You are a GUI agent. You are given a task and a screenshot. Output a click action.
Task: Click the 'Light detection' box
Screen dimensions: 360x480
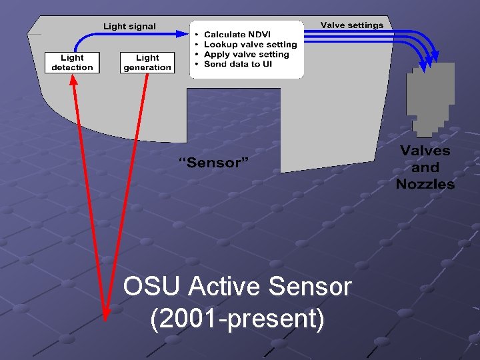[72, 63]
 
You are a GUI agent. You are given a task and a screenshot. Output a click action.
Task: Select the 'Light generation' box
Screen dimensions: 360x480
[147, 63]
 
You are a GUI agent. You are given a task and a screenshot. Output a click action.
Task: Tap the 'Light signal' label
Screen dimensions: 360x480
[129, 27]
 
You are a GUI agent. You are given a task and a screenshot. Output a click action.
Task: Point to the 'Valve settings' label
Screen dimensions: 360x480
[351, 25]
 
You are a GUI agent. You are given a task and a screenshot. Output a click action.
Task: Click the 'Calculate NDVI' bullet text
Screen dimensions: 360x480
[237, 35]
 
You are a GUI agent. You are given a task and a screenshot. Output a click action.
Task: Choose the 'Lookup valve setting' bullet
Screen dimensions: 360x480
[250, 45]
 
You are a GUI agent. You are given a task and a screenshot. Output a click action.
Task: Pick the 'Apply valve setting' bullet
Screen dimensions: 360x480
[246, 55]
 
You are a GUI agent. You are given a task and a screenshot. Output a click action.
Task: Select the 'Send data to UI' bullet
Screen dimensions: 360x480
[237, 64]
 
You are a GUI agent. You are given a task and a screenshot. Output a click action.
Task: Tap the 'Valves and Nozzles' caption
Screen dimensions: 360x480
[425, 167]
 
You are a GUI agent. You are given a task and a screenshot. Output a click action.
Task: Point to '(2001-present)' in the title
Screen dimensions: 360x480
[238, 319]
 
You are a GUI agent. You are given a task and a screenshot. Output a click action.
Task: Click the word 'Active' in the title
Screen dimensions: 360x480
[225, 287]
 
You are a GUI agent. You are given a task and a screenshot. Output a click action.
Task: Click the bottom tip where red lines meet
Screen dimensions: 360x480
[105, 317]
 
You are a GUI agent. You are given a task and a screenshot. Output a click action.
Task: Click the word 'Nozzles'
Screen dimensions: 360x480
[425, 183]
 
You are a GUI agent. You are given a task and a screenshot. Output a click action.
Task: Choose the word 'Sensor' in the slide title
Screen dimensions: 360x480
[309, 287]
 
